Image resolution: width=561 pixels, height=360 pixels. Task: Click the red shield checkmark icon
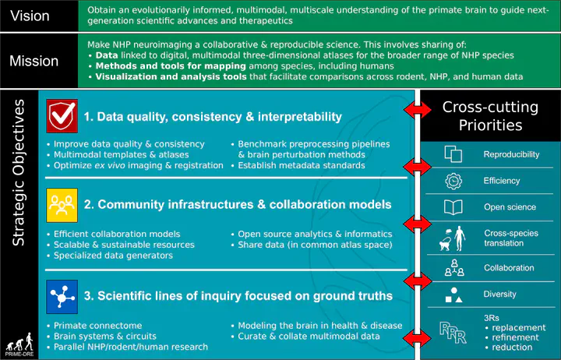pyautogui.click(x=62, y=116)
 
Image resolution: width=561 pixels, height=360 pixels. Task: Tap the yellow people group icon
pyautogui.click(x=62, y=205)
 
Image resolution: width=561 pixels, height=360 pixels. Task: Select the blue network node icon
pyautogui.click(x=62, y=297)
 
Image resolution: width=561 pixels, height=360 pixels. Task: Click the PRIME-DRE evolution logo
pyautogui.click(x=20, y=344)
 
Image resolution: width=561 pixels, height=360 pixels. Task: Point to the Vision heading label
pyautogui.click(x=30, y=16)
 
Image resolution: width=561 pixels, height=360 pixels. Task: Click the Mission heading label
pyautogui.click(x=34, y=62)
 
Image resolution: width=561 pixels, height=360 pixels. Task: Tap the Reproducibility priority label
pyautogui.click(x=511, y=154)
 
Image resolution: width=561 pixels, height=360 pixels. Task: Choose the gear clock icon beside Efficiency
pyautogui.click(x=453, y=181)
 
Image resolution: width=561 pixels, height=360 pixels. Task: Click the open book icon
pyautogui.click(x=453, y=207)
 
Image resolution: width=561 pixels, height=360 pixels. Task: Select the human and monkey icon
pyautogui.click(x=453, y=238)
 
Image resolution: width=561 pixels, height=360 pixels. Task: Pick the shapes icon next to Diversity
pyautogui.click(x=453, y=295)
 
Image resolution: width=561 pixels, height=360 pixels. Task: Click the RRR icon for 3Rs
pyautogui.click(x=453, y=333)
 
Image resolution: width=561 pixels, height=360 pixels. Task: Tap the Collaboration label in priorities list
pyautogui.click(x=509, y=268)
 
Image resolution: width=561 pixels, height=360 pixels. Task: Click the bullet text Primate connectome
pyautogui.click(x=97, y=326)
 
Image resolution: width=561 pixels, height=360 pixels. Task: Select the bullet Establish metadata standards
pyautogui.click(x=302, y=165)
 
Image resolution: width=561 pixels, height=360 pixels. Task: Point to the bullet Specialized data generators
pyautogui.click(x=113, y=256)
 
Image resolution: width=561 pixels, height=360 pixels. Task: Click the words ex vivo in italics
pyautogui.click(x=110, y=165)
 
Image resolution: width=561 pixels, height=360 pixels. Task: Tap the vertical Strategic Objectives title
pyautogui.click(x=18, y=172)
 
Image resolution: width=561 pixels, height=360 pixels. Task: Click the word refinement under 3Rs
pyautogui.click(x=516, y=337)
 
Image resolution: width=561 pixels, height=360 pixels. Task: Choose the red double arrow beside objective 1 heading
pyautogui.click(x=418, y=110)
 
